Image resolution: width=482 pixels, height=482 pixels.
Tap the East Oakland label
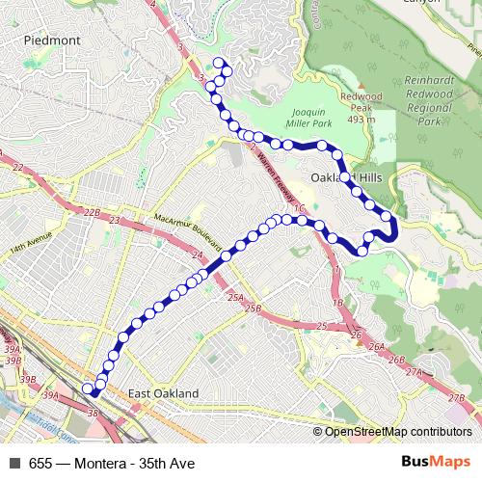coord(163,393)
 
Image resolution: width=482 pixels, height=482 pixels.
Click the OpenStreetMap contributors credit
coord(396,431)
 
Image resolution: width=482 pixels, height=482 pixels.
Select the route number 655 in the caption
coord(40,464)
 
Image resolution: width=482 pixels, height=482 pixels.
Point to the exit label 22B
coord(92,212)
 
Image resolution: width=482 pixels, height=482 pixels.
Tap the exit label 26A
coord(377,346)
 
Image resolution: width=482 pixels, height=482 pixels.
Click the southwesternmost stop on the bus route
coord(87,388)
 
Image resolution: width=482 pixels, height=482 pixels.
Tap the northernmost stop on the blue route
coord(218,64)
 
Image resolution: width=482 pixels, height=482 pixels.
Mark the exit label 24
coord(197,254)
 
